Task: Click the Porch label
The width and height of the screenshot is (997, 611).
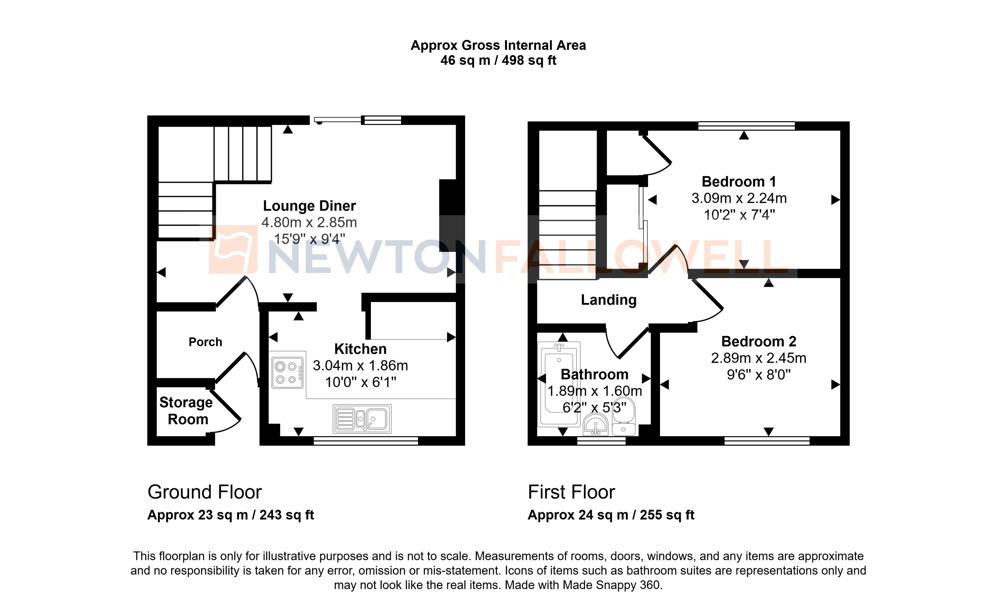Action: [205, 342]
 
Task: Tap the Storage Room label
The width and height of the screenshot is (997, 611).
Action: [186, 411]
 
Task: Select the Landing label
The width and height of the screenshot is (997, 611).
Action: [608, 300]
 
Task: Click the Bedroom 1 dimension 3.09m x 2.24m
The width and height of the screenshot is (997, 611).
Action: [739, 198]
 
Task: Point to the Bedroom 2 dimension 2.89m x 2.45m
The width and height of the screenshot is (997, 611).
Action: [758, 358]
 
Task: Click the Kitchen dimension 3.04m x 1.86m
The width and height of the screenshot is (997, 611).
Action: [360, 366]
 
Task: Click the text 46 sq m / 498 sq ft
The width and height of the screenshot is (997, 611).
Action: [498, 61]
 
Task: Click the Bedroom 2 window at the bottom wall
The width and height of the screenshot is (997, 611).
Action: [767, 441]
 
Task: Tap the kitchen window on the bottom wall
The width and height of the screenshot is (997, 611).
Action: [366, 441]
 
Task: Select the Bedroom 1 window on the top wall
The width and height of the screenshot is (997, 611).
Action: [747, 125]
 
